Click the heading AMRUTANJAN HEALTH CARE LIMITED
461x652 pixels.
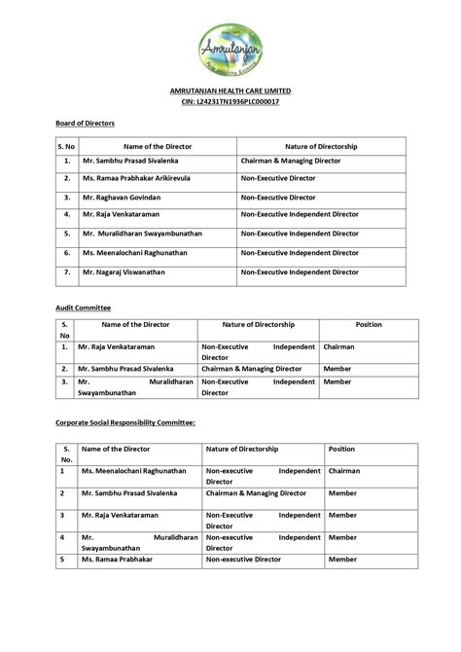pyautogui.click(x=230, y=91)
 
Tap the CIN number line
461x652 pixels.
pyautogui.click(x=230, y=101)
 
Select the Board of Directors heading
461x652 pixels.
pyautogui.click(x=85, y=124)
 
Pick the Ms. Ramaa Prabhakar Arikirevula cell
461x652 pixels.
pyautogui.click(x=136, y=179)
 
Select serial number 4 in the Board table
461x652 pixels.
pyautogui.click(x=67, y=213)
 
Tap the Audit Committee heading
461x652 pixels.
pyautogui.click(x=83, y=307)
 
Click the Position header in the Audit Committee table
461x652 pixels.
pyautogui.click(x=369, y=325)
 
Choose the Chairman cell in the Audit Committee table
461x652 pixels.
pyautogui.click(x=339, y=346)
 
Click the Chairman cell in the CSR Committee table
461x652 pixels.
pyautogui.click(x=344, y=471)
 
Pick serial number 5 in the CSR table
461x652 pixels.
pyautogui.click(x=61, y=560)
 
